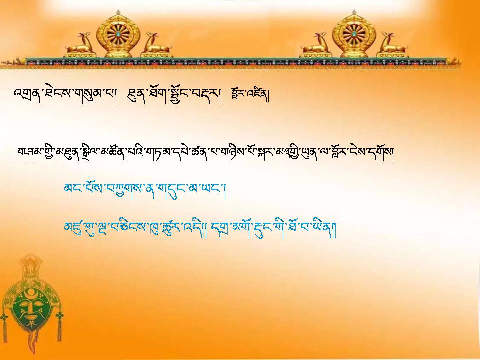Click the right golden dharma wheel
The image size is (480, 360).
tap(354, 34)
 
